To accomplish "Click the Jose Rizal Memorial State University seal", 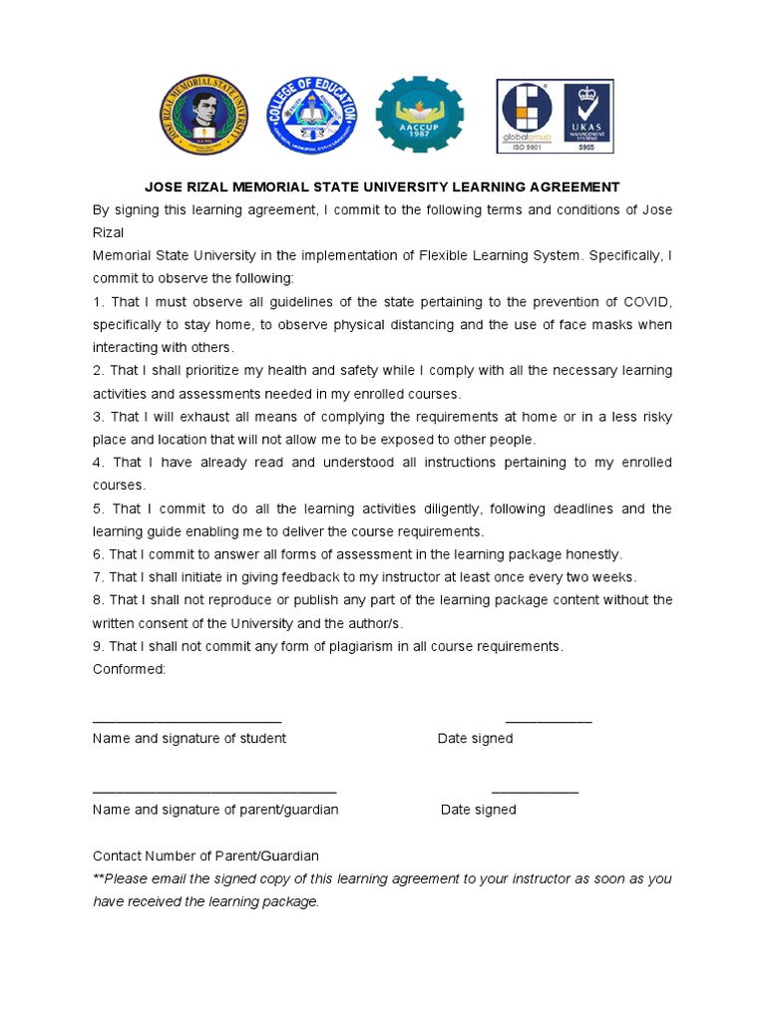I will pyautogui.click(x=204, y=117).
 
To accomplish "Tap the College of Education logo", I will pyautogui.click(x=314, y=117).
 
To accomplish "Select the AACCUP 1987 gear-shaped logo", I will pyautogui.click(x=419, y=117).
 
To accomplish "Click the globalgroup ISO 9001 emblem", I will pyautogui.click(x=527, y=117).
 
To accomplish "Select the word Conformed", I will pyautogui.click(x=129, y=669).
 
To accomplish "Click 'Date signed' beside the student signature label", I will pyautogui.click(x=475, y=739).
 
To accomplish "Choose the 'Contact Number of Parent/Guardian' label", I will pyautogui.click(x=205, y=855).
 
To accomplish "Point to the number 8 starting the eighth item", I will pyautogui.click(x=97, y=600).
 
